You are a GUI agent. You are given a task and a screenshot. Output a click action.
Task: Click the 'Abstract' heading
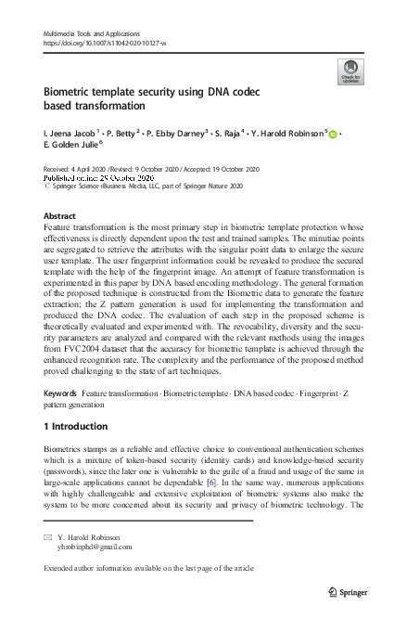click(60, 216)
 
